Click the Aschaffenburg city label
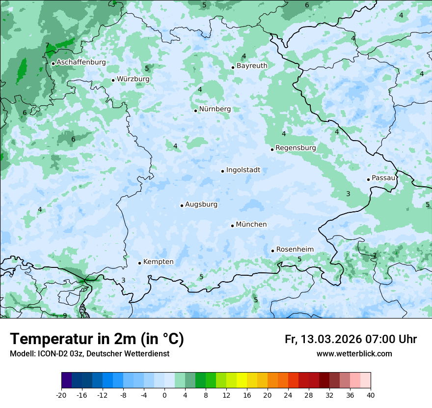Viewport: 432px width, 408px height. pos(81,62)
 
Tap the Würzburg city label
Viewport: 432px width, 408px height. pos(133,79)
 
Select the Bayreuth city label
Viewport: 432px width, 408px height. pos(252,66)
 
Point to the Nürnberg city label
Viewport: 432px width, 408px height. pos(215,109)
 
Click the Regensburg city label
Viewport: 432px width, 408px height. pos(296,148)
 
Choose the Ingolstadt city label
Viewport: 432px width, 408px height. pos(243,170)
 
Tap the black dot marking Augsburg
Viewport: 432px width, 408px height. pos(182,205)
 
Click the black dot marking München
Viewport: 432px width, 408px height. pos(233,226)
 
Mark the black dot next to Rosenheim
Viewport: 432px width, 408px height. pos(273,251)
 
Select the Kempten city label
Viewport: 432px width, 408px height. pos(158,262)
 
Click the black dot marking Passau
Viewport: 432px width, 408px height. pos(368,179)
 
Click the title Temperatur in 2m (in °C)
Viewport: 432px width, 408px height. pos(97,339)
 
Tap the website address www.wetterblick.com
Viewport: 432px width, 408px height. pos(354,354)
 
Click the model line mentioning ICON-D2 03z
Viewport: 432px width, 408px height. pos(89,354)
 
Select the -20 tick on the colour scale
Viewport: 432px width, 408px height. pos(61,395)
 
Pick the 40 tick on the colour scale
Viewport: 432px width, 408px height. pos(371,395)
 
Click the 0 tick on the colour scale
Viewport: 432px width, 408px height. pos(164,395)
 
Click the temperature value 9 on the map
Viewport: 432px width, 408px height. pos(65,316)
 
